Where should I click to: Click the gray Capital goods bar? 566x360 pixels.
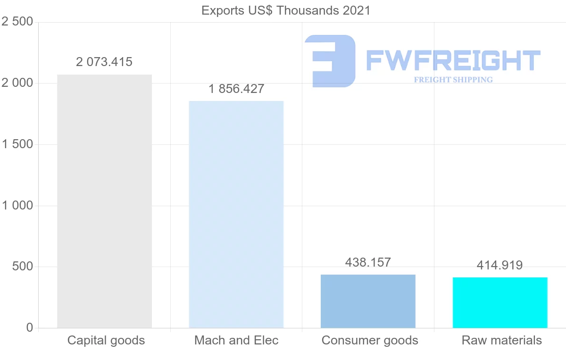coord(104,201)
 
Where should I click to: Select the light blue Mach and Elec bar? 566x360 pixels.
coord(236,214)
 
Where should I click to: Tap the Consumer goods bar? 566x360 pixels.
coord(368,301)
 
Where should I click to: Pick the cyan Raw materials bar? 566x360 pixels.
coord(500,302)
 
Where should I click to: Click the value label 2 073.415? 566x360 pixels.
coord(104,62)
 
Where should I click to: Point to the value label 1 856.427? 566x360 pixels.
coord(236,89)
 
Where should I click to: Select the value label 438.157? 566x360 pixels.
coord(368,262)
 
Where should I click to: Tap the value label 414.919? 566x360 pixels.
coord(500,265)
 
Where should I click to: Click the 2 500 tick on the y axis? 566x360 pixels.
coord(17,22)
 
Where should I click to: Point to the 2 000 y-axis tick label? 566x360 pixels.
coord(17,84)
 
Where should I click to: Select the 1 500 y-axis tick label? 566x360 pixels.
coord(17,144)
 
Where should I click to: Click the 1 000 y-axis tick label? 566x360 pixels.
coord(17,206)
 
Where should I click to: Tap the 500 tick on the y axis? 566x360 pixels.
coord(23,267)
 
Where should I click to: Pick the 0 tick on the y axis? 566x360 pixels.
coord(30,328)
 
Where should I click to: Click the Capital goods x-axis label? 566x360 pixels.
coord(106,340)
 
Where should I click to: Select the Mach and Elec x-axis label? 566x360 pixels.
coord(236,340)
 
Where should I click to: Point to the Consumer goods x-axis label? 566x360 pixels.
coord(370,340)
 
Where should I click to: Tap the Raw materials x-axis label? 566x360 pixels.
coord(502,340)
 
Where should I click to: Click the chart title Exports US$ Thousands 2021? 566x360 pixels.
coord(286,10)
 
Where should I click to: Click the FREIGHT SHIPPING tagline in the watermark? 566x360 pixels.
coord(453,80)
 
